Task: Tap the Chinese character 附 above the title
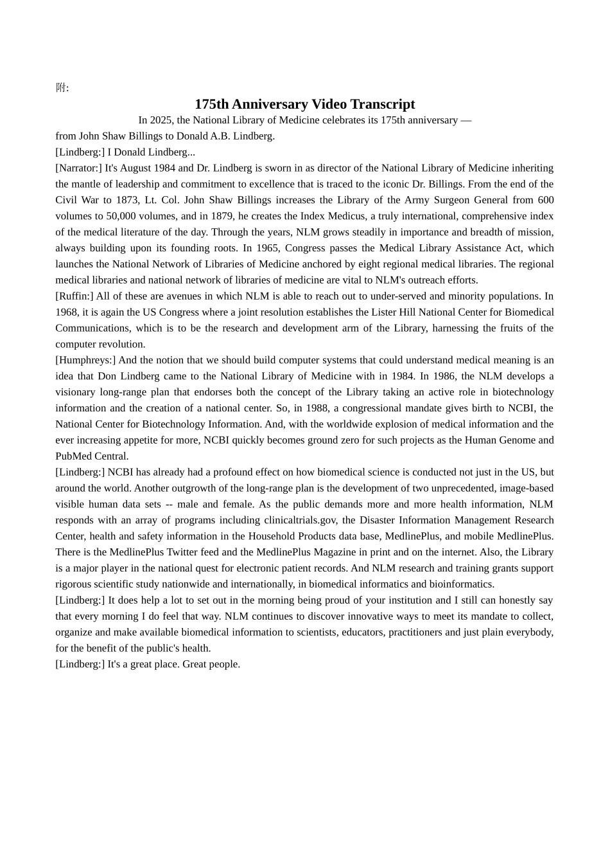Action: tap(61, 88)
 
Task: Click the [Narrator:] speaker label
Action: tap(78, 168)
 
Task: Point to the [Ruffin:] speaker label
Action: tap(74, 296)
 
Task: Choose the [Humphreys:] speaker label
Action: tap(85, 360)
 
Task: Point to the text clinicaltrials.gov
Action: tap(301, 520)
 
